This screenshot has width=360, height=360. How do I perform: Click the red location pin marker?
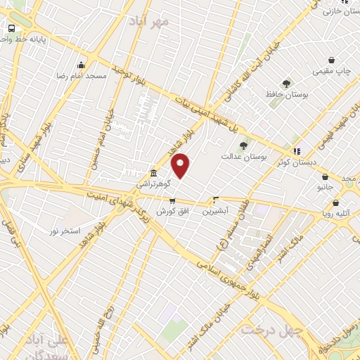pos(181,166)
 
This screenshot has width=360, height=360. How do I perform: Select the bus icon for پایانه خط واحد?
pos(11,28)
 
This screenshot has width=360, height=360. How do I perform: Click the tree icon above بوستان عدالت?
pos(243,146)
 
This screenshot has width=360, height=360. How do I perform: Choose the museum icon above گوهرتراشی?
pos(153,173)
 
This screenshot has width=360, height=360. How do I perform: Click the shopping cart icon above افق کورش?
pos(172,201)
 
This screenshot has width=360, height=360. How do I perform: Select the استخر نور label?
pos(65,231)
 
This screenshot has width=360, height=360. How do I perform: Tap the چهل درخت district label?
pos(271,328)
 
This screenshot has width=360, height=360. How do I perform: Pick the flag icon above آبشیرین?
pos(216,200)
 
